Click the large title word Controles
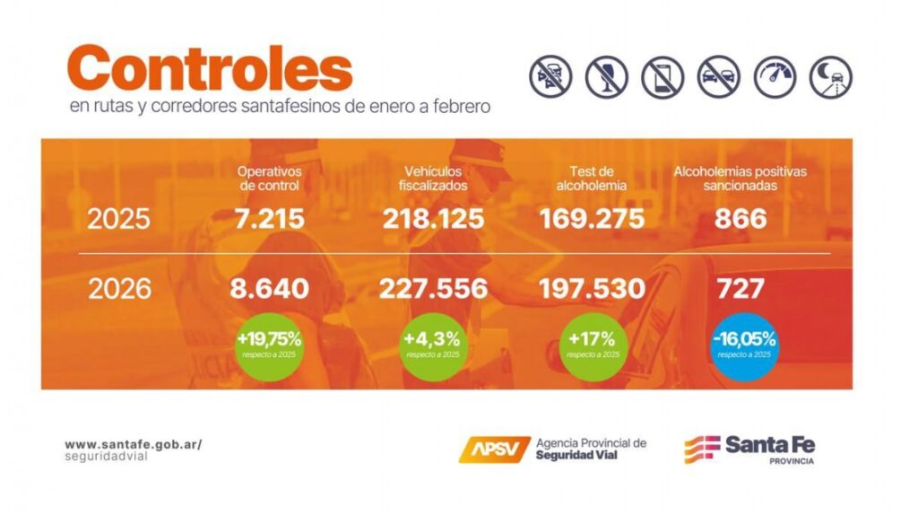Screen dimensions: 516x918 pos(210,69)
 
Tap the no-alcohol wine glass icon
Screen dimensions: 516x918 pos(606,77)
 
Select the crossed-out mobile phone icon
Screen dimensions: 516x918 pos(663,77)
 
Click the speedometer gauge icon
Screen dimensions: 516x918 pos(775,77)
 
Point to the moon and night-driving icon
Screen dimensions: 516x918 pos(830,77)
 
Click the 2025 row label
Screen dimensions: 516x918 pos(118,218)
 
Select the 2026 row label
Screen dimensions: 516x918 pos(118,289)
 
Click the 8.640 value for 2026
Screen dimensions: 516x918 pos(268,289)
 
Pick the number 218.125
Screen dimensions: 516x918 pos(433,218)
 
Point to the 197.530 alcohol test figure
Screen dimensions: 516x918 pos(592,289)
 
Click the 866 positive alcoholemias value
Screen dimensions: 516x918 pos(740,218)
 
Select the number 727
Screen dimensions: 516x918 pos(740,289)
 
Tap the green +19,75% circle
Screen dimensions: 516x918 pos(268,345)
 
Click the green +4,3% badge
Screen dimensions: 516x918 pos(432,345)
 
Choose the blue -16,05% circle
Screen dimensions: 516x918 pos(743,345)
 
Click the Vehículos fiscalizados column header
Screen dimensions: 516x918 pos(433,178)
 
